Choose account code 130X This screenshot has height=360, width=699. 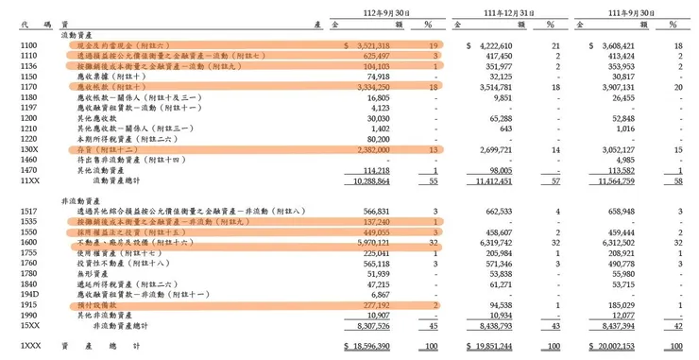pos(27,149)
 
